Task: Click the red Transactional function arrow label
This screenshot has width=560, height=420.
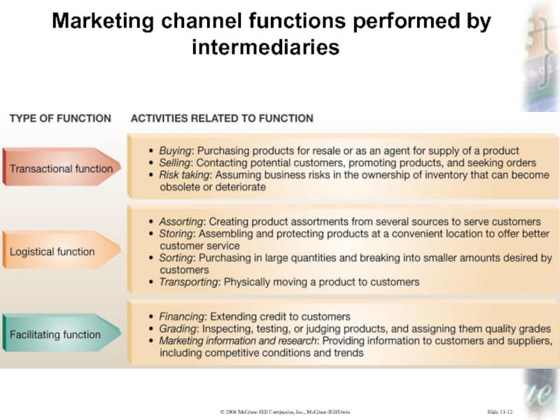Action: click(x=61, y=169)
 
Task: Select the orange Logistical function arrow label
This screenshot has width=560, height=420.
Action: click(x=52, y=252)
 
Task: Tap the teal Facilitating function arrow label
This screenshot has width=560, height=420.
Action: click(x=55, y=335)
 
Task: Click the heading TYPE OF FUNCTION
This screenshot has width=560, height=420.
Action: click(x=59, y=118)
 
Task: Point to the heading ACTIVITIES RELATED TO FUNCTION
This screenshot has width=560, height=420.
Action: click(x=222, y=118)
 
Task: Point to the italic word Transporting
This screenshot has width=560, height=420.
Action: click(x=190, y=282)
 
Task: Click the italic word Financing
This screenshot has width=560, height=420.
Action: click(x=182, y=316)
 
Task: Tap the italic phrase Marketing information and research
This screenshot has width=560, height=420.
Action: click(x=238, y=341)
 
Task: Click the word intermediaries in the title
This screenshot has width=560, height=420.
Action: click(x=265, y=48)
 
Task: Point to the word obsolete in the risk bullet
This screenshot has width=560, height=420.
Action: click(x=181, y=187)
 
